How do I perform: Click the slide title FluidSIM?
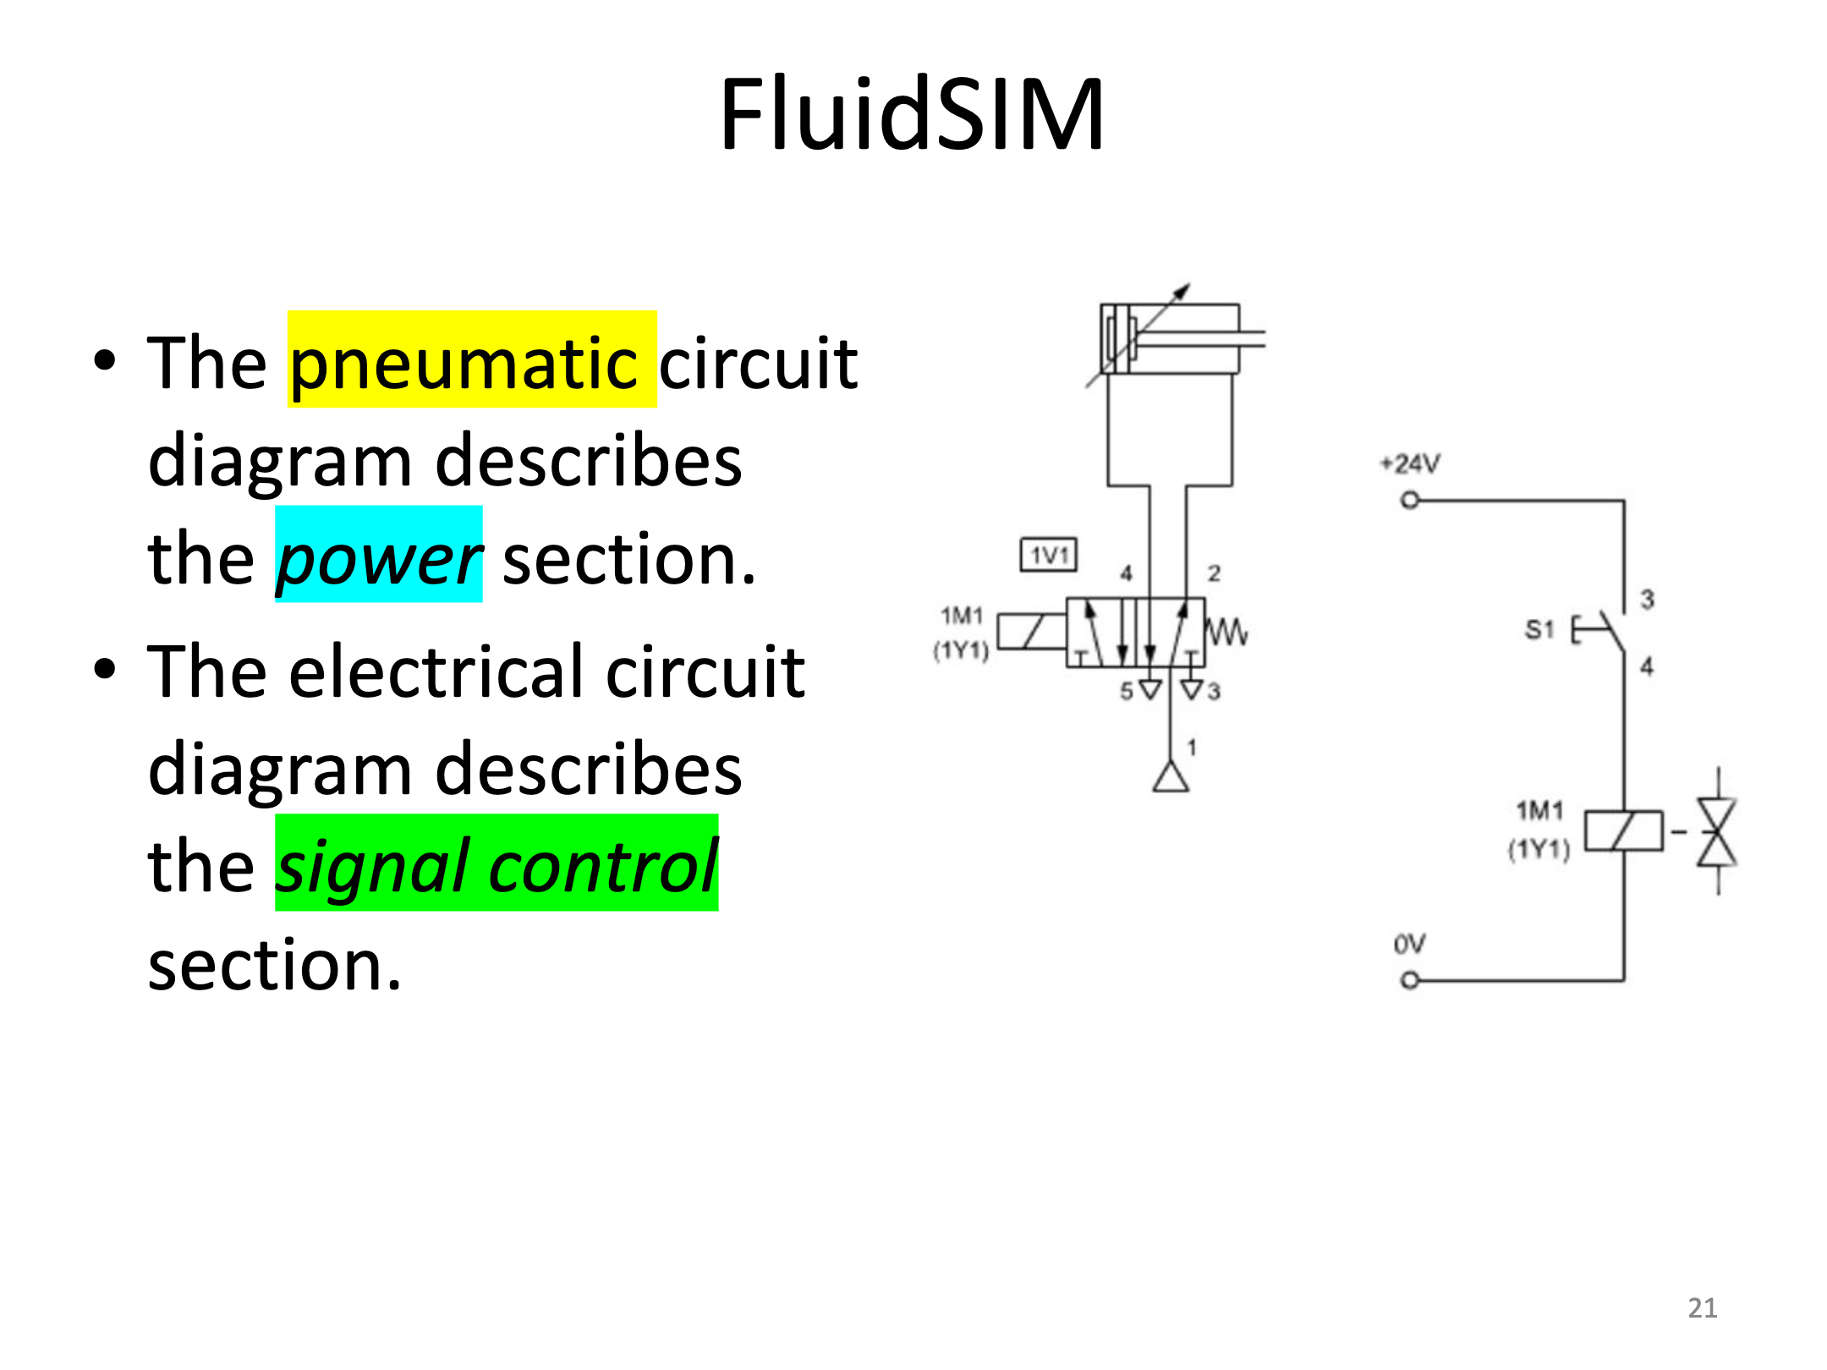click(x=912, y=114)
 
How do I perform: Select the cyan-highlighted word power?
click(x=379, y=556)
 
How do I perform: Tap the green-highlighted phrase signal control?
click(x=497, y=863)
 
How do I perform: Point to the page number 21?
click(x=1703, y=1308)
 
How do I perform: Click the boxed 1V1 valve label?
click(x=1049, y=555)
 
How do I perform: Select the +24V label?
click(x=1410, y=463)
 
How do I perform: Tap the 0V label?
click(x=1409, y=944)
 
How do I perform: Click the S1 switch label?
click(x=1539, y=629)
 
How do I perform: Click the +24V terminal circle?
click(x=1409, y=501)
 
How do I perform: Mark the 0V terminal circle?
click(x=1409, y=981)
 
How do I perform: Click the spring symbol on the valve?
click(x=1226, y=632)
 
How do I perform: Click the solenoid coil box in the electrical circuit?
click(x=1624, y=830)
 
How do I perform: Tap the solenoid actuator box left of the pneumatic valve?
click(x=1032, y=632)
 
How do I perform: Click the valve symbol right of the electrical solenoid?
click(x=1718, y=832)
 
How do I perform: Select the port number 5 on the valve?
click(x=1127, y=692)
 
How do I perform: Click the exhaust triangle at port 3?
click(x=1192, y=689)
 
